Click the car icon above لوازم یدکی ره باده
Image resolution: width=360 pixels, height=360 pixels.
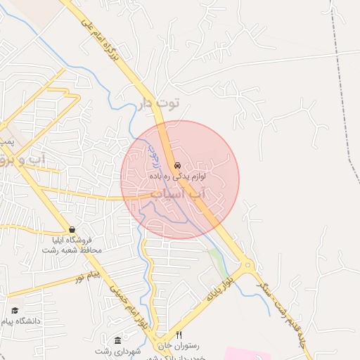pos(176,165)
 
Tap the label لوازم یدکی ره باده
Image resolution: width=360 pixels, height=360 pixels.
pos(176,175)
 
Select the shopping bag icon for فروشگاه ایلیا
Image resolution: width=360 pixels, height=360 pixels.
pos(72,230)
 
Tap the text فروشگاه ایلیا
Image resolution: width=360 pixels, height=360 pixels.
pos(72,240)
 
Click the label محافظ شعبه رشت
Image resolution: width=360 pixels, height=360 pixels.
pos(72,250)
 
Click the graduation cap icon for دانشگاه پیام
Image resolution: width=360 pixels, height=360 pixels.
pos(15,310)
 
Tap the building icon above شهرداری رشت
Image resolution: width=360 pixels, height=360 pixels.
pos(117,340)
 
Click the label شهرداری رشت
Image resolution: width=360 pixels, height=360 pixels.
pos(114,350)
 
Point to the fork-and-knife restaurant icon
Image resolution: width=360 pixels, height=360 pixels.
pos(179,335)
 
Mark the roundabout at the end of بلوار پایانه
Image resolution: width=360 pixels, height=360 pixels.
pos(246,268)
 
